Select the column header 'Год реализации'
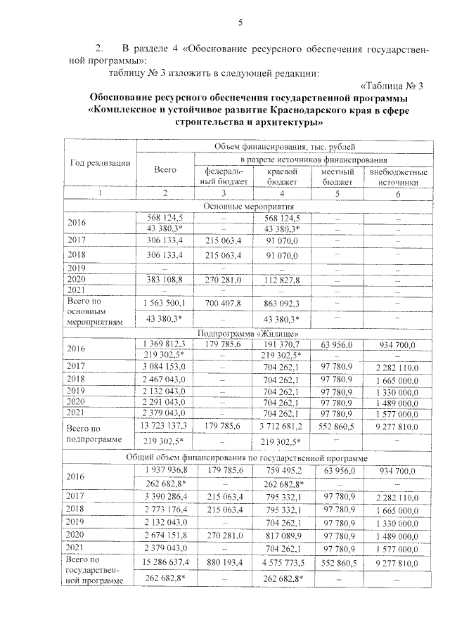point(100,164)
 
